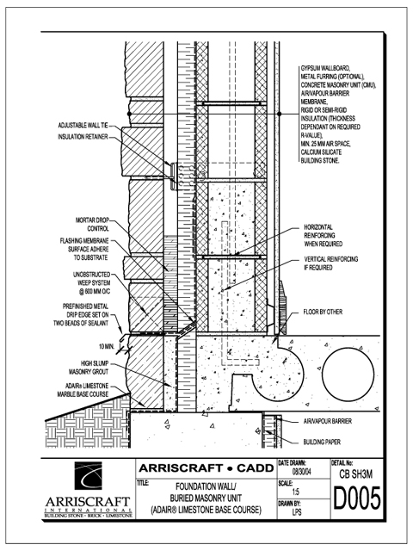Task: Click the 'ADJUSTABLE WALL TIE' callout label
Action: click(x=83, y=126)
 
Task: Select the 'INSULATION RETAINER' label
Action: click(x=83, y=137)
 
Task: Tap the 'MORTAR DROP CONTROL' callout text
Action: click(x=92, y=225)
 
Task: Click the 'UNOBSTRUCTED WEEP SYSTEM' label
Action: click(x=92, y=283)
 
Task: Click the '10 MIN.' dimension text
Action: click(x=107, y=347)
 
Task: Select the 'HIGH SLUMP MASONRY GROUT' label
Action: click(x=89, y=368)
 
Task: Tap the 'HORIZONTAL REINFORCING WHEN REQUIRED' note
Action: click(x=324, y=235)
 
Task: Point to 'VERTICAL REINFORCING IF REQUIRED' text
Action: click(x=331, y=263)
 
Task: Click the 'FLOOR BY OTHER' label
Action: click(x=323, y=312)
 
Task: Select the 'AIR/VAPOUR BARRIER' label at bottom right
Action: click(x=327, y=421)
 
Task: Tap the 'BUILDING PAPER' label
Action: click(x=322, y=442)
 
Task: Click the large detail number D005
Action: click(x=356, y=498)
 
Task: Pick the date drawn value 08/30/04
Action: click(x=301, y=472)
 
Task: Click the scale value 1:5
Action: click(x=296, y=492)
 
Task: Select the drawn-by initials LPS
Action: click(x=297, y=512)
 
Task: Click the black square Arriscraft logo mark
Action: click(x=88, y=475)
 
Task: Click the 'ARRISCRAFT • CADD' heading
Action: click(x=206, y=468)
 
